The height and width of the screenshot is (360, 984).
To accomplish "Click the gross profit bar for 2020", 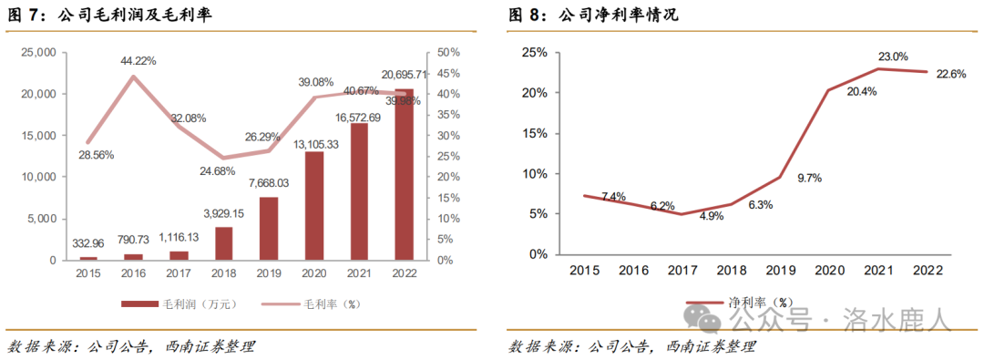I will (313, 206).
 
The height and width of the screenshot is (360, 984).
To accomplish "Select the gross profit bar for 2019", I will (269, 228).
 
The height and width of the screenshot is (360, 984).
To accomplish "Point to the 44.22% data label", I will (138, 61).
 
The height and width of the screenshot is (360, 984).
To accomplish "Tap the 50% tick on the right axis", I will (449, 53).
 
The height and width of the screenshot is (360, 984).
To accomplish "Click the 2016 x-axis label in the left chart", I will (134, 273).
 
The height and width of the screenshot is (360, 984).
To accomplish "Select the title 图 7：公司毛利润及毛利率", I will (109, 15).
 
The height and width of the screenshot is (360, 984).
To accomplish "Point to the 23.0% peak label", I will (892, 57).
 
